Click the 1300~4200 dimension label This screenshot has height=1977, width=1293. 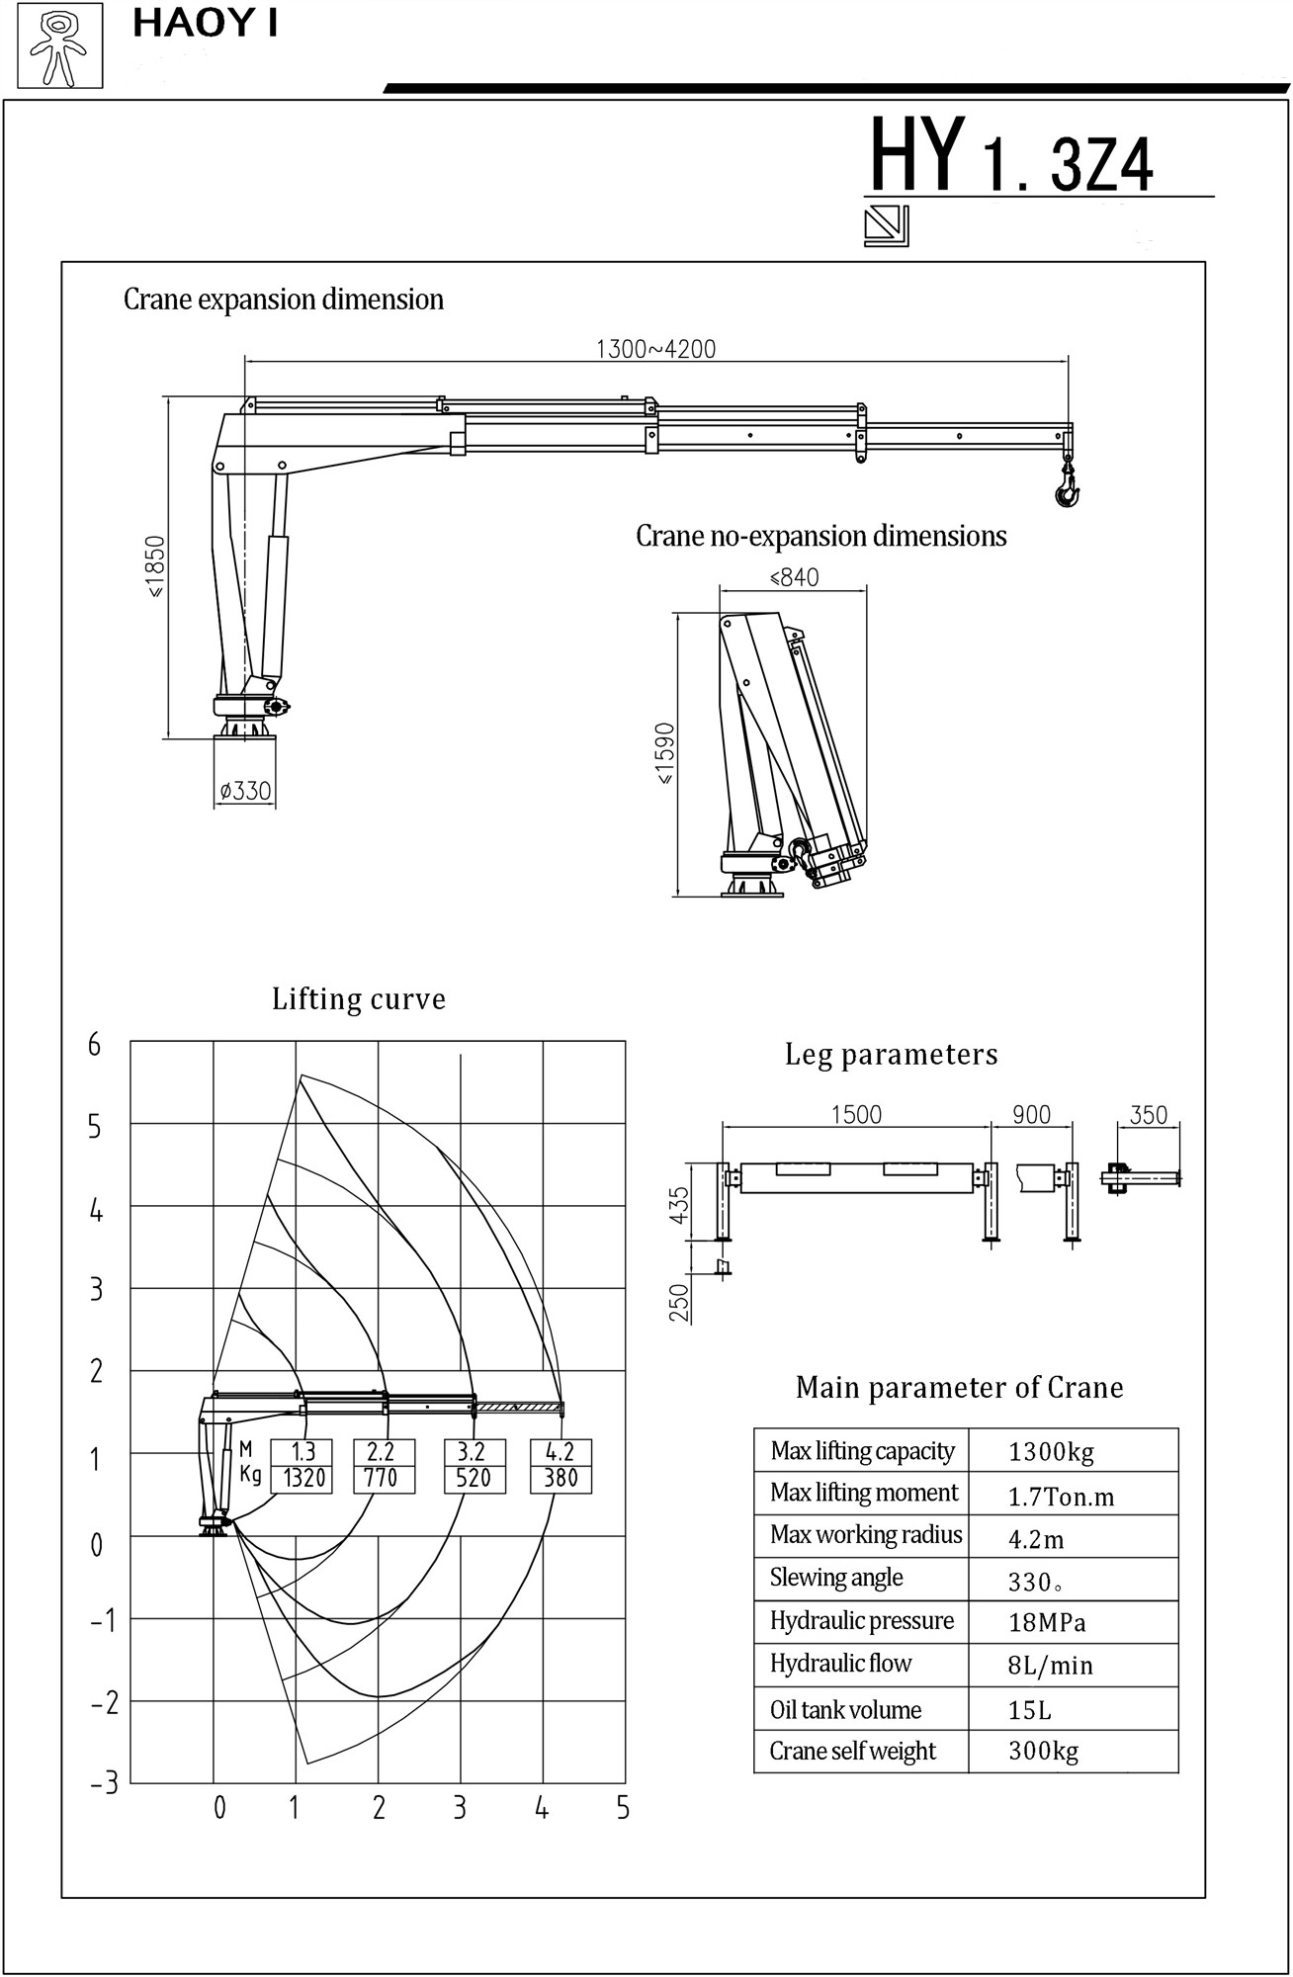tap(655, 349)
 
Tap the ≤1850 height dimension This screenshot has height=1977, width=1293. tap(156, 566)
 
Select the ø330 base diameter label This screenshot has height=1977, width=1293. tap(245, 791)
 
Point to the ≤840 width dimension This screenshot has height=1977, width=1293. tap(794, 577)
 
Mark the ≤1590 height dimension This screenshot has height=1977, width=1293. tap(664, 753)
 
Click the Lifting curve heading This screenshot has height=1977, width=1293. tap(359, 999)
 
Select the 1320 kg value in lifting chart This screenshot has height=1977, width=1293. tap(303, 1478)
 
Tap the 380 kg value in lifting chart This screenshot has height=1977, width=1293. tap(560, 1478)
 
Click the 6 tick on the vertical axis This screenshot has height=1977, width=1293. tap(95, 1045)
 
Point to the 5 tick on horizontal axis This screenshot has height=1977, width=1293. tap(623, 1808)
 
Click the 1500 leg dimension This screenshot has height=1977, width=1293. tap(856, 1115)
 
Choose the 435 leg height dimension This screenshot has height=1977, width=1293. tap(679, 1205)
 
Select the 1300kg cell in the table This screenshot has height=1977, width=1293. tap(1051, 1452)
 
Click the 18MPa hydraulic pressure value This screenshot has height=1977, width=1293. tap(1047, 1623)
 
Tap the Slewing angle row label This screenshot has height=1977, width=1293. tap(836, 1578)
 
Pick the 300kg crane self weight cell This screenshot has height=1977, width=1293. tap(1043, 1752)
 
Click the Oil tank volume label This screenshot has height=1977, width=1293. tap(845, 1710)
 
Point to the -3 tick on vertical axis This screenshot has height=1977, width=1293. tap(104, 1783)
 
